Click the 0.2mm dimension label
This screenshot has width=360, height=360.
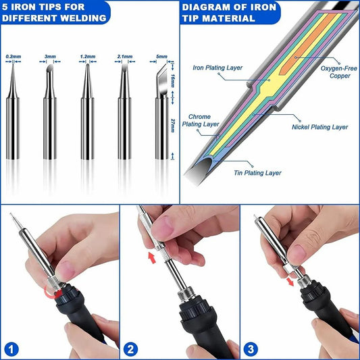[13, 56]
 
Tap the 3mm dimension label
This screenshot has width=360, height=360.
[49, 56]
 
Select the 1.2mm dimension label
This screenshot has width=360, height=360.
[86, 56]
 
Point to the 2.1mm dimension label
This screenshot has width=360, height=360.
[124, 56]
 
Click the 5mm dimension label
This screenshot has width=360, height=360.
[161, 56]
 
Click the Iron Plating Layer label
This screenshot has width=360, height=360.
[217, 68]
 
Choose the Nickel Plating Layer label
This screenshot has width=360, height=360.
[319, 126]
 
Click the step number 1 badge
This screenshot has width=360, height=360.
[11, 349]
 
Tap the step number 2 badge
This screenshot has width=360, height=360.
[132, 349]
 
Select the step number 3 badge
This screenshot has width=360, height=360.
[252, 349]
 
